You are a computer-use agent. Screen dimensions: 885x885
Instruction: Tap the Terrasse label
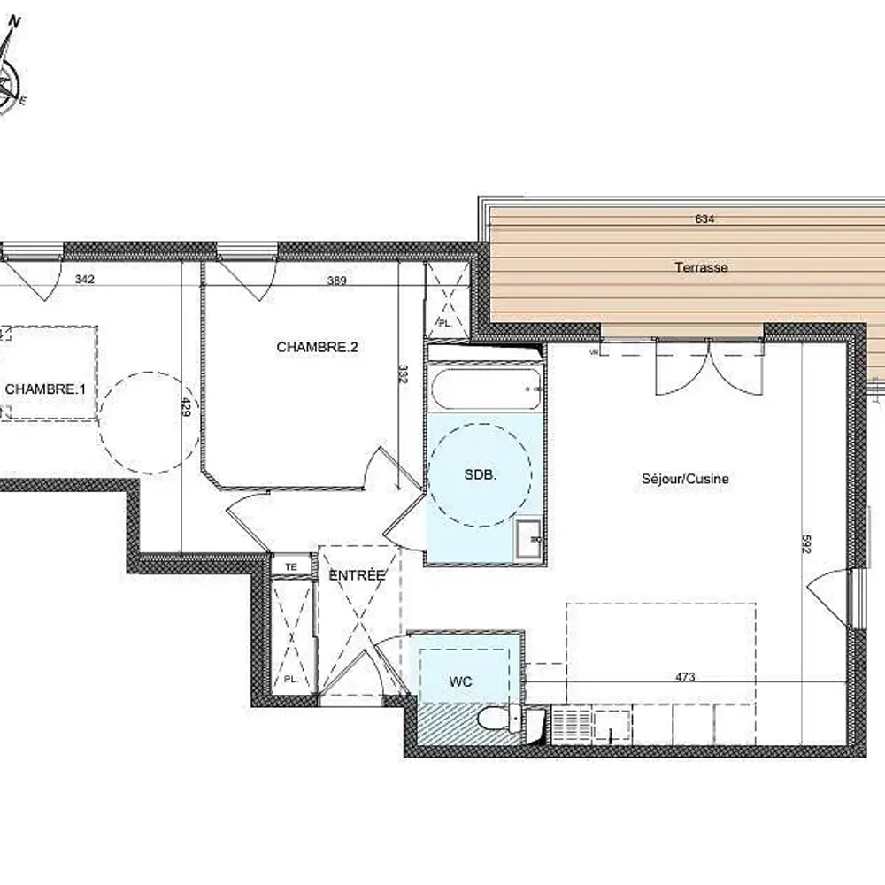tap(701, 266)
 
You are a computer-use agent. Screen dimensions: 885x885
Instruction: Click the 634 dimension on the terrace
tap(704, 219)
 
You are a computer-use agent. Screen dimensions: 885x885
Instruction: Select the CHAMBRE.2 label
tap(317, 348)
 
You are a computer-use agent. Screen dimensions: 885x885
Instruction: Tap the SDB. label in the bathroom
tap(481, 474)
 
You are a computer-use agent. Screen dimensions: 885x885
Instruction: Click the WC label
tap(460, 681)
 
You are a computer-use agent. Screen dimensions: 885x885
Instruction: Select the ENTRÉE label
tap(358, 575)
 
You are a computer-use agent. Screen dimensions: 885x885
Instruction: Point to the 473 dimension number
tap(684, 678)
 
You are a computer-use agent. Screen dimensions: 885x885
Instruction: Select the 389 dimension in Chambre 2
tap(336, 281)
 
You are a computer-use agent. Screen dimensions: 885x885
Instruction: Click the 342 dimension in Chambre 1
tap(84, 280)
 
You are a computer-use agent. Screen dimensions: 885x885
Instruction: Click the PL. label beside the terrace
tap(444, 324)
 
